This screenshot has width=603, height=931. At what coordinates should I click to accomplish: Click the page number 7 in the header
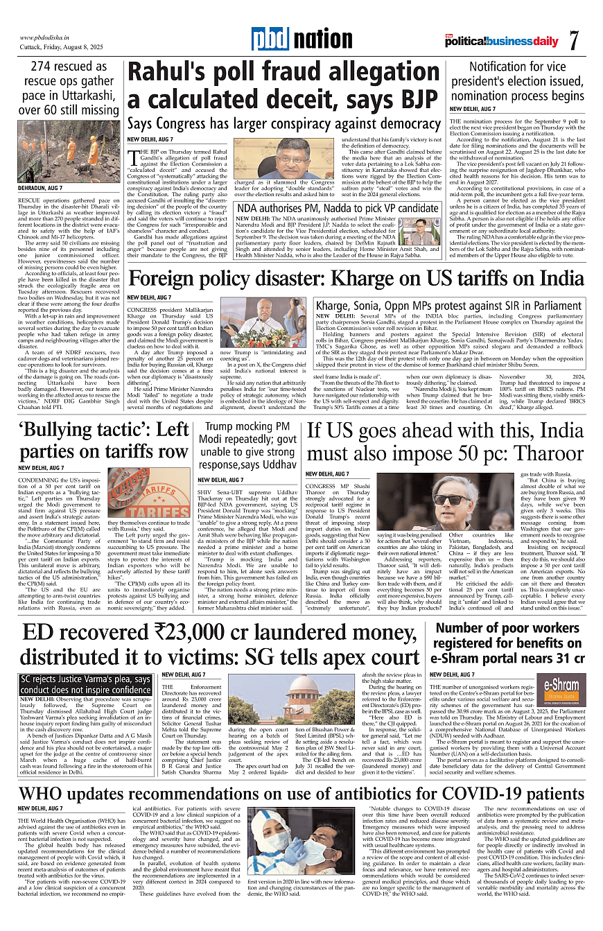click(x=574, y=40)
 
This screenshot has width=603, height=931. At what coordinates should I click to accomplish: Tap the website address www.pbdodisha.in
click(x=48, y=37)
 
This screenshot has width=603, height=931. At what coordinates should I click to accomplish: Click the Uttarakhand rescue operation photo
click(x=69, y=150)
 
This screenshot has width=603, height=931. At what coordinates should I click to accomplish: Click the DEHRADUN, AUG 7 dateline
click(x=40, y=189)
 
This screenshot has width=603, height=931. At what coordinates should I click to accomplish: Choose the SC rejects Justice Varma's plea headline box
click(x=85, y=685)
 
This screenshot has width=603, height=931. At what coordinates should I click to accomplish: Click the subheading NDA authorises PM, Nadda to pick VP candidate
click(x=338, y=208)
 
